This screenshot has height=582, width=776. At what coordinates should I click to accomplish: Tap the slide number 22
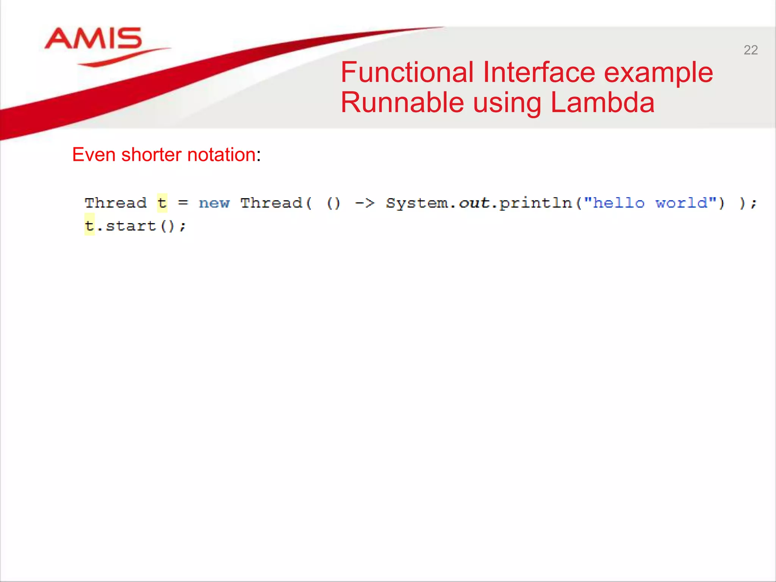pos(750,50)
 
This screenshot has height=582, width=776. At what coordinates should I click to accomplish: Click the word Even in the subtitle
pos(94,155)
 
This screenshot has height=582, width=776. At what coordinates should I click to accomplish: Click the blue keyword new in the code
pos(214,203)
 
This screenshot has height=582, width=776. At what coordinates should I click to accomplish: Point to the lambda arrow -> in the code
pos(365,203)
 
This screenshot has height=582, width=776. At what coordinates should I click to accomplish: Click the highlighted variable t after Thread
pos(162,203)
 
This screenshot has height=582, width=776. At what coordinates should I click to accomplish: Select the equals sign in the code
pos(183,203)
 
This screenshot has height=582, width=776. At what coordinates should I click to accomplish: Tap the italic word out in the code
pos(474,203)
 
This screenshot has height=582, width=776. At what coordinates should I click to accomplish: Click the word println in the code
pos(535,204)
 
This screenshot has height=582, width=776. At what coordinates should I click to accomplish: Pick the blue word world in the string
pos(681,203)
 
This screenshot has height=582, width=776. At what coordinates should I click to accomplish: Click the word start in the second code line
pos(131,226)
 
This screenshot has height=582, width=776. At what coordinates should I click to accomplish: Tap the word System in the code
pos(417,204)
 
